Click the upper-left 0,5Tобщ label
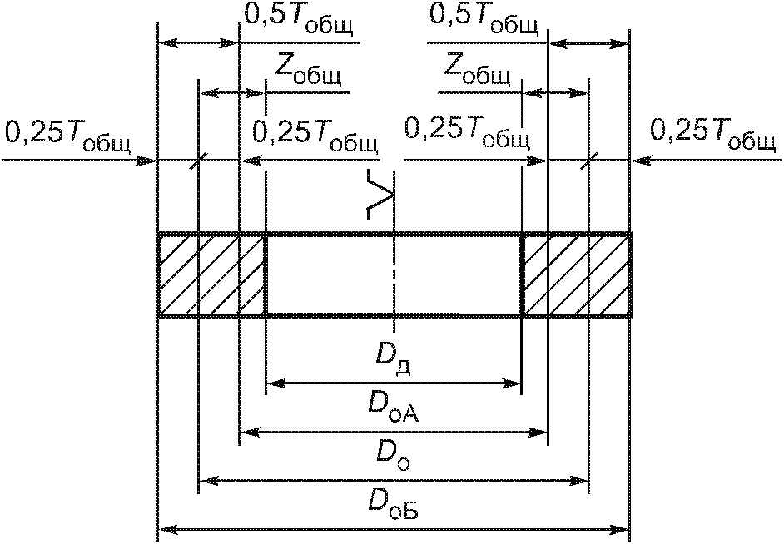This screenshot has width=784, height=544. (299, 20)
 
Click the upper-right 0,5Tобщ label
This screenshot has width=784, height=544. (484, 20)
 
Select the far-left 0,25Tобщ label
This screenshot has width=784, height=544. (67, 136)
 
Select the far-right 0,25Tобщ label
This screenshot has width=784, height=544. (713, 134)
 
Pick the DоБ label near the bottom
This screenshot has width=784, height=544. (393, 505)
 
